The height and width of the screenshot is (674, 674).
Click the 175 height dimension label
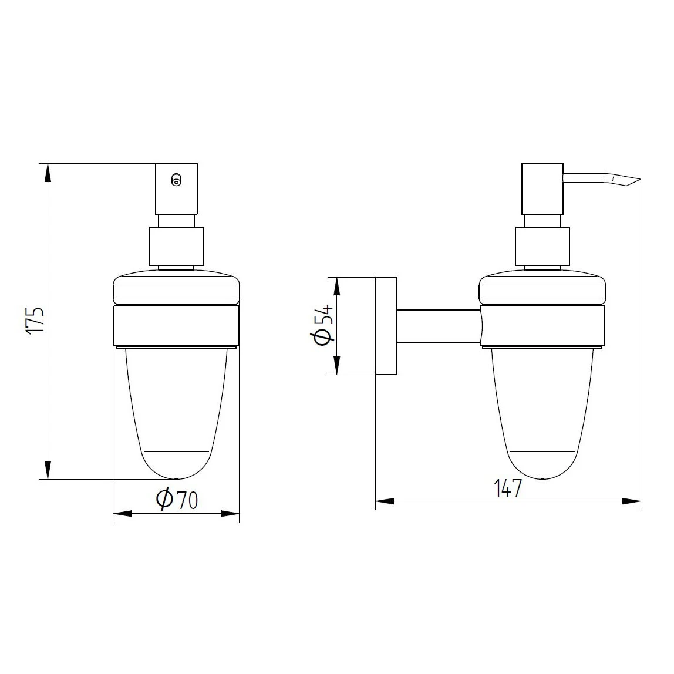pos(36,321)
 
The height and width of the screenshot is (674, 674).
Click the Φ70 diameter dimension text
pos(177,499)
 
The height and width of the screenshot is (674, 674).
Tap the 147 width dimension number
pos(507,488)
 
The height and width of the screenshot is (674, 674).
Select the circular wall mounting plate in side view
pos(386,325)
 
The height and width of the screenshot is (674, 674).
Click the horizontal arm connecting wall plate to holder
pos(438,326)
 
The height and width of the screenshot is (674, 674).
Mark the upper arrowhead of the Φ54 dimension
pos(337,286)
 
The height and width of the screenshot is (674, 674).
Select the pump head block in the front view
pos(176,188)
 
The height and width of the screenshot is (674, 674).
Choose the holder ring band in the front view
pos(176,326)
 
